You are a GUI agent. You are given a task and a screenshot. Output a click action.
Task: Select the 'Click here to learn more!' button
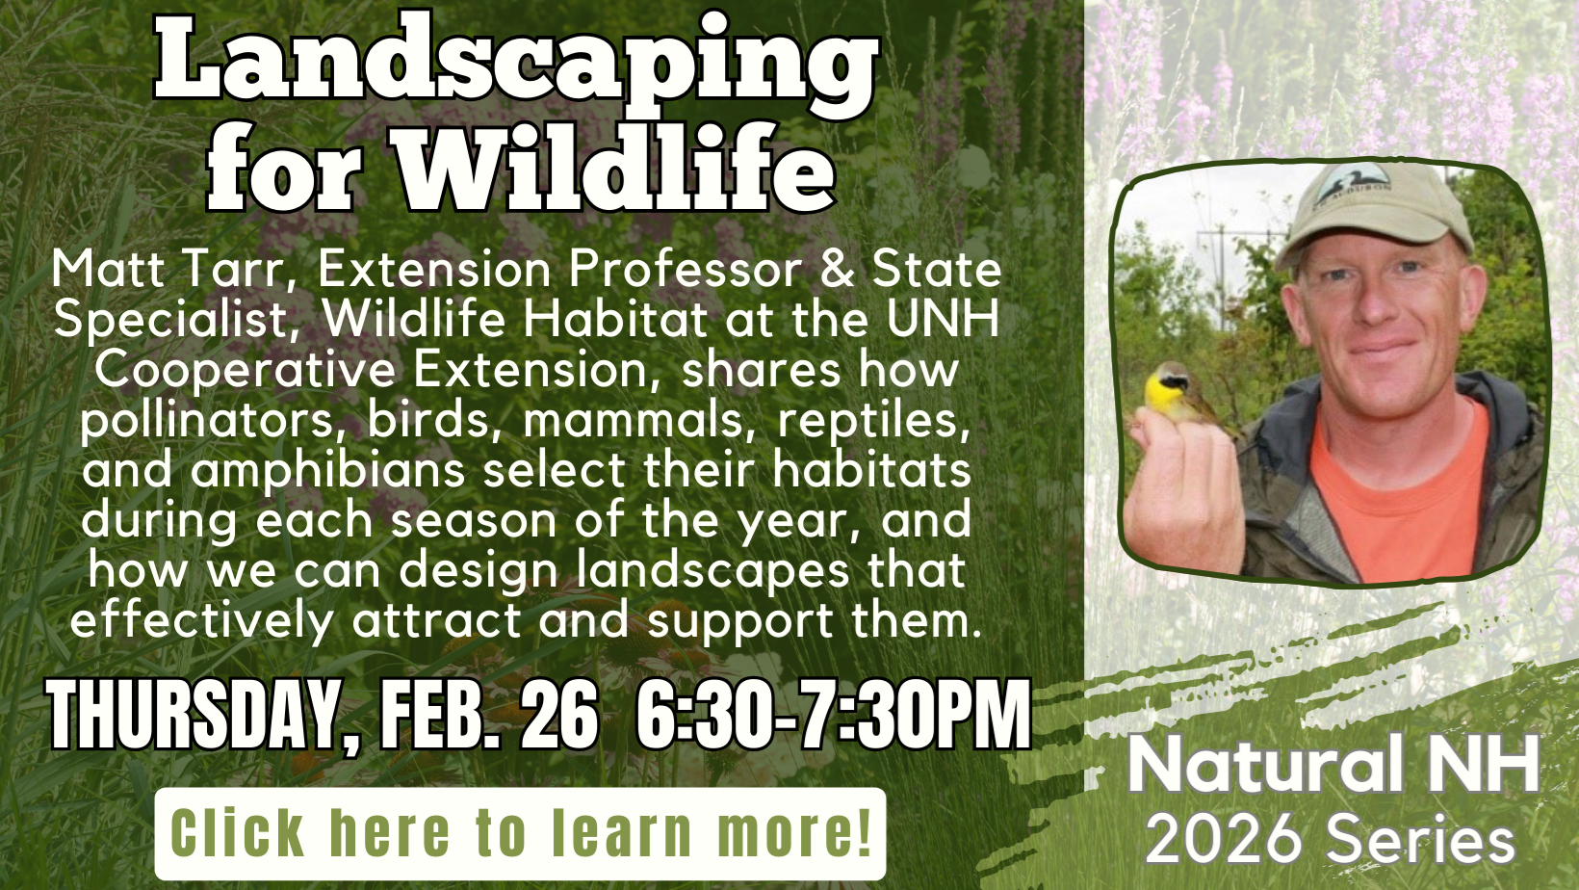520,833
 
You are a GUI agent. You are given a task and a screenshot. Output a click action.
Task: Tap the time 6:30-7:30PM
834,715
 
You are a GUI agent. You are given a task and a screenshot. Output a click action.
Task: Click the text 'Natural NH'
1333,766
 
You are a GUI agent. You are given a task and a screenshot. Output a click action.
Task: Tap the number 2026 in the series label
1223,839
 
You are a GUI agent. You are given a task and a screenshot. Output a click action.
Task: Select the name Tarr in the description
235,270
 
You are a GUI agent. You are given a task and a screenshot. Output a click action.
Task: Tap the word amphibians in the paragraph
327,471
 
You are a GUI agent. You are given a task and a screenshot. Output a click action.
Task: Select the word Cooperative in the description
245,371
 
